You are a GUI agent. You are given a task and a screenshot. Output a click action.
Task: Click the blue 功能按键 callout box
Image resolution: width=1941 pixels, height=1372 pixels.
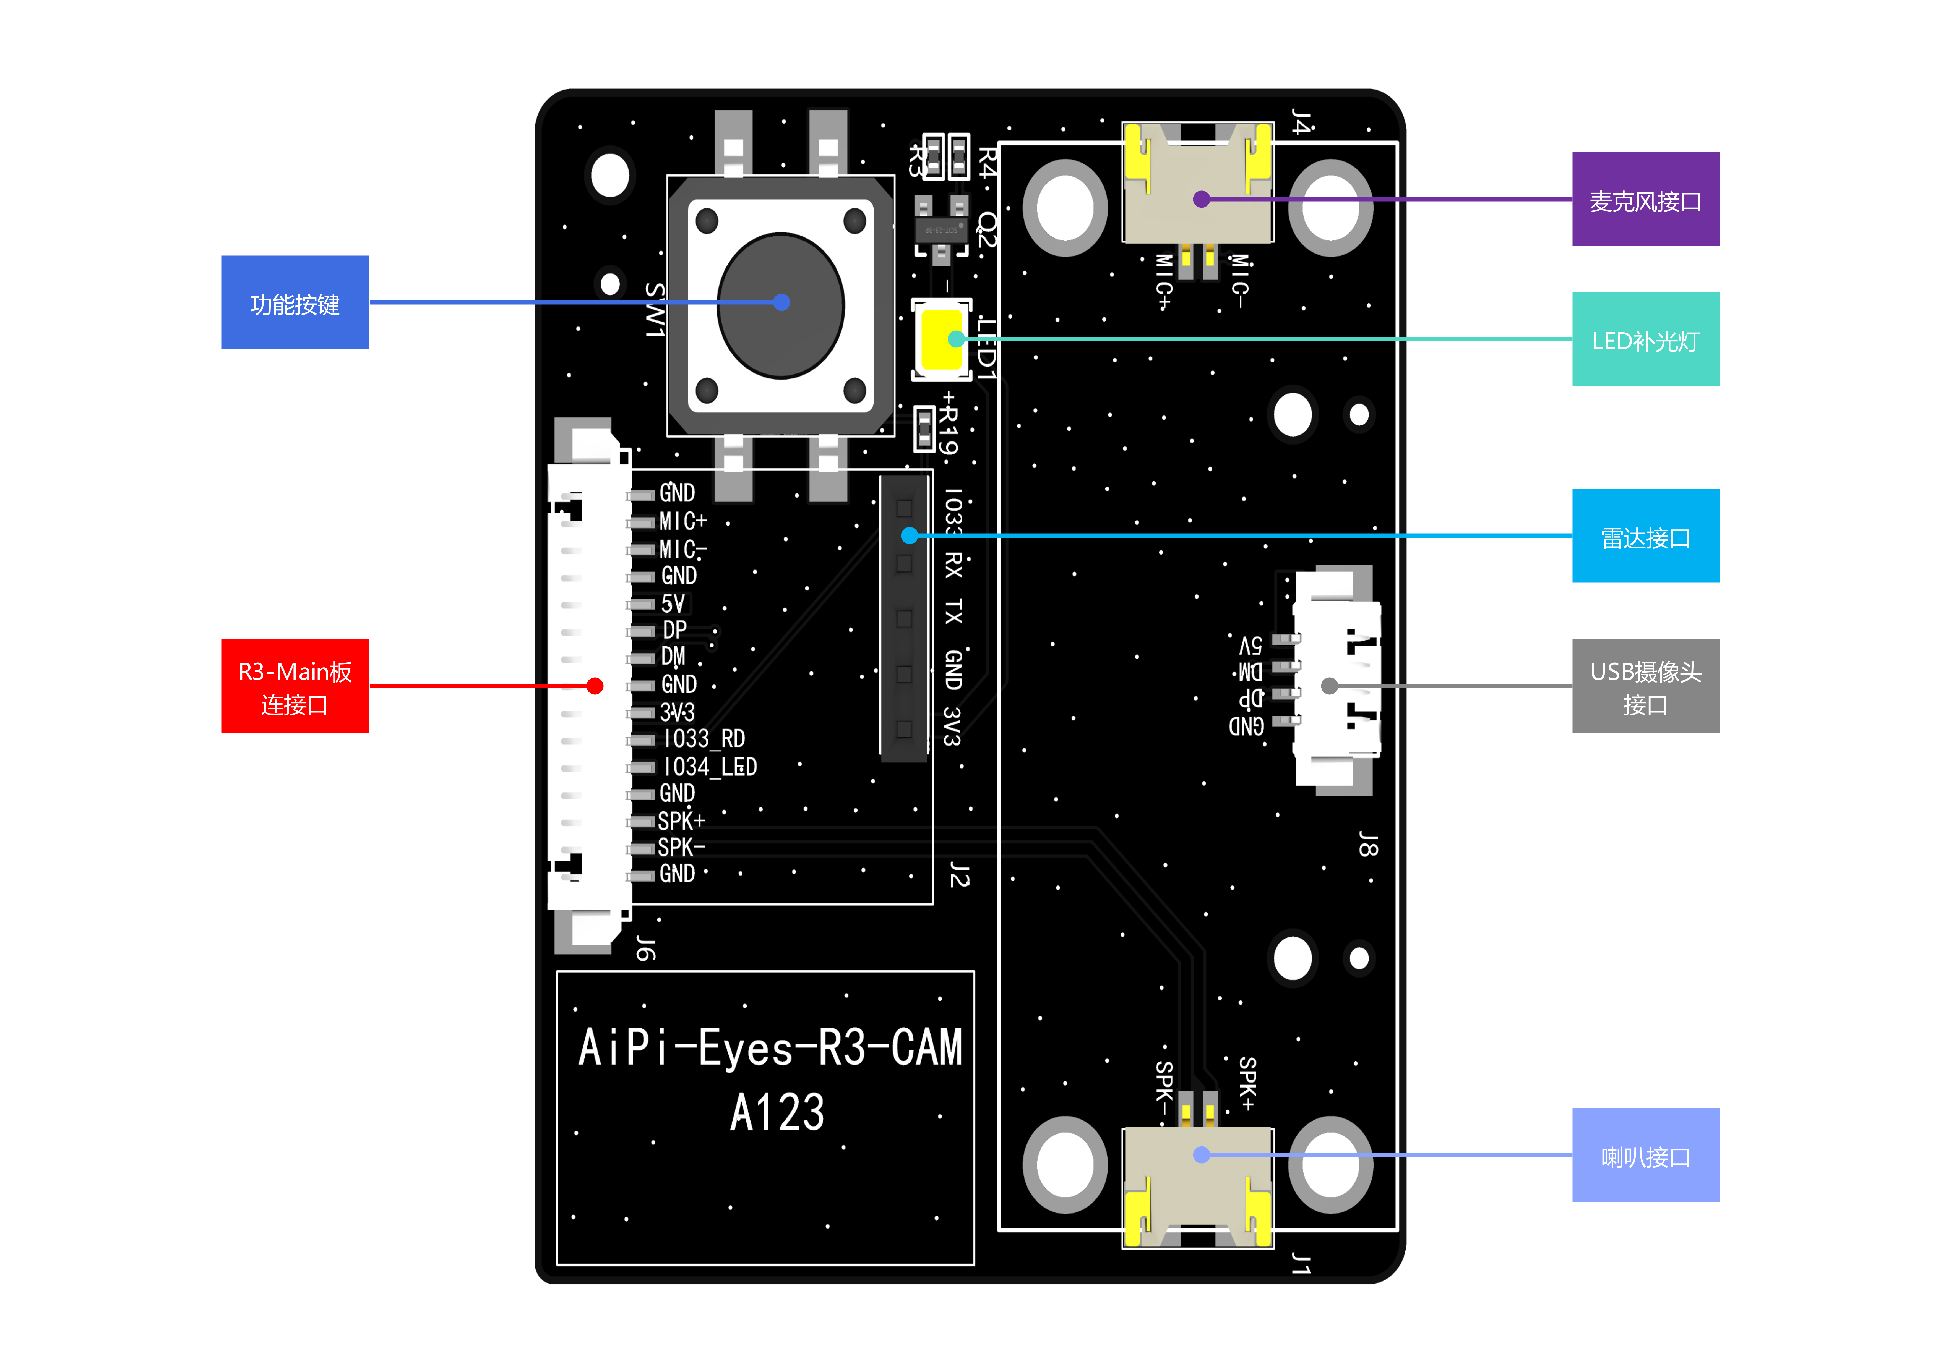coord(294,303)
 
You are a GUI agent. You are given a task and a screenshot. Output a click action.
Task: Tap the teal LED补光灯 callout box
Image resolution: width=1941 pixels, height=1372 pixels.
coord(1645,340)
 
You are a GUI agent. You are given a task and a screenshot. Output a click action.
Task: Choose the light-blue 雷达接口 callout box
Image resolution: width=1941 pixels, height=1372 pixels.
coord(1645,536)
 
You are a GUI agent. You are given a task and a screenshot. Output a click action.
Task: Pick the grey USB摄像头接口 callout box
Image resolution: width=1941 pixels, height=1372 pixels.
coord(1645,686)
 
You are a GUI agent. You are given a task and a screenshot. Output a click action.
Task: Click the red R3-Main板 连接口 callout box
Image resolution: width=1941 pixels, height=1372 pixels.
coord(294,686)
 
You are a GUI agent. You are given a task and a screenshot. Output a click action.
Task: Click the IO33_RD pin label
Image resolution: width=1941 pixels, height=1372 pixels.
coord(703,739)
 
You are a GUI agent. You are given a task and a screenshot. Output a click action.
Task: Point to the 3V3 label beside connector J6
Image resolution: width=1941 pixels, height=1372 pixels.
coord(677,712)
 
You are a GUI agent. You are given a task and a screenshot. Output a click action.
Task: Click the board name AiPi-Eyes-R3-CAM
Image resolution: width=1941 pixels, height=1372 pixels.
coord(769,1048)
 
